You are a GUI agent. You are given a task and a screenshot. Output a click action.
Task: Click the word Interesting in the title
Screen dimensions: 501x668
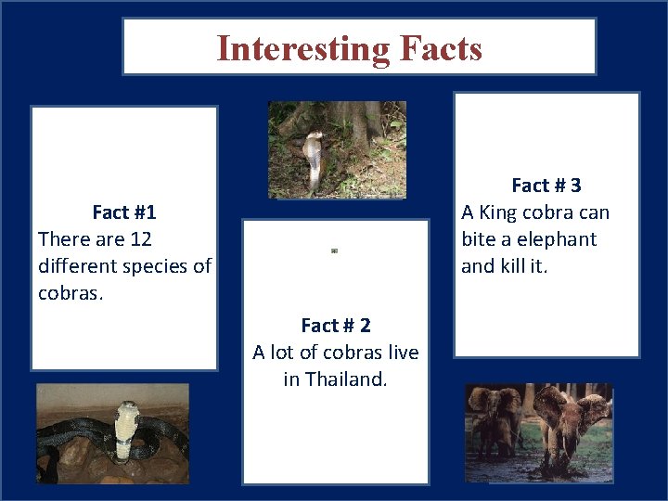point(301,47)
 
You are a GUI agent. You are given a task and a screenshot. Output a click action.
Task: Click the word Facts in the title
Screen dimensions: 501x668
point(439,47)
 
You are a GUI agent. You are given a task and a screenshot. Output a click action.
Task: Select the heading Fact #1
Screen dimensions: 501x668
point(124,212)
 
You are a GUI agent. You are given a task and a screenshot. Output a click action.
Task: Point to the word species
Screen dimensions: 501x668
point(149,266)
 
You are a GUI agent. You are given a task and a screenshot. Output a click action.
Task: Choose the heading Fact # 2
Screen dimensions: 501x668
point(336,326)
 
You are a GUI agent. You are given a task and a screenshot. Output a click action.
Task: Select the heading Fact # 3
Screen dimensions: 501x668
point(546,186)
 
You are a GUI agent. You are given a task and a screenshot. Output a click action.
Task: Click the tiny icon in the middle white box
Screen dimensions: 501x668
point(334,250)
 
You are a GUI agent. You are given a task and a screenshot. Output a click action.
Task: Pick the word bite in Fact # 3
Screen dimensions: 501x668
point(480,239)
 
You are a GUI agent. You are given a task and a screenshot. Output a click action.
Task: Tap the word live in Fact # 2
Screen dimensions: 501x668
point(401,353)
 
